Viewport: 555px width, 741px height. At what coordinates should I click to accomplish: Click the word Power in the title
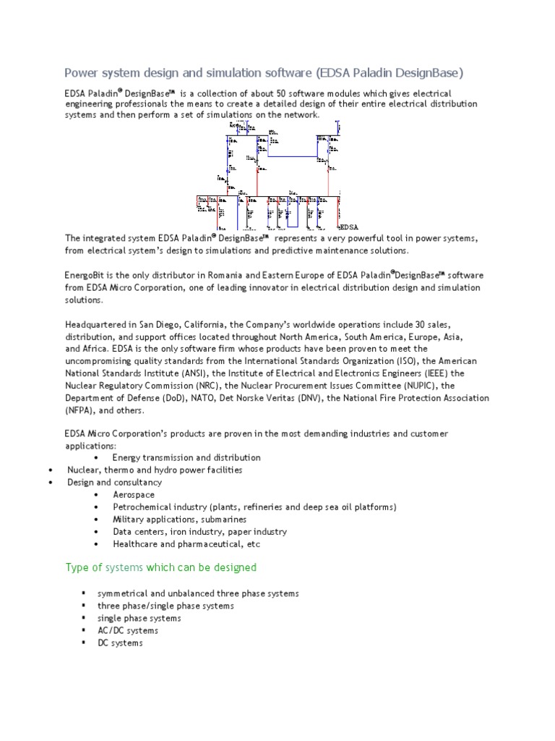82,72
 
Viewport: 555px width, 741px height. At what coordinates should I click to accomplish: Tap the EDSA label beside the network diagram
349,227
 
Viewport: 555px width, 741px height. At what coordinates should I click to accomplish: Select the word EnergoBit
85,276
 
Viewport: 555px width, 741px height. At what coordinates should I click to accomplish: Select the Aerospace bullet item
134,494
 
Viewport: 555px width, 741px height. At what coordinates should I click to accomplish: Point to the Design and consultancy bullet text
115,482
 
